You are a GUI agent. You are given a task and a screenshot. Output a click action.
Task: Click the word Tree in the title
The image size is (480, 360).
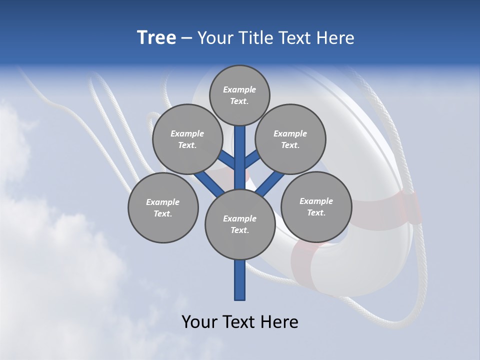tap(156, 38)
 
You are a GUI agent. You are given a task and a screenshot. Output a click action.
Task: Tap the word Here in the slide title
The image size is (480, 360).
tap(337, 38)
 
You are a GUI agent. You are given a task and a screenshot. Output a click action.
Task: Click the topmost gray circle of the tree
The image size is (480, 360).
tap(239, 95)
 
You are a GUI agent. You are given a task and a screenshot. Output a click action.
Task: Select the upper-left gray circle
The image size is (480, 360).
tap(187, 139)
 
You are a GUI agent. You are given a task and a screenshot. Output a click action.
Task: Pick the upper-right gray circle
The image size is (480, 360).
tap(290, 139)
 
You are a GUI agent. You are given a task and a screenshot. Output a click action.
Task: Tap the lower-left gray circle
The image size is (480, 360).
tap(163, 207)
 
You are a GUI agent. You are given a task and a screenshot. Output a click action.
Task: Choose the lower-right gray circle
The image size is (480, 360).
tap(316, 206)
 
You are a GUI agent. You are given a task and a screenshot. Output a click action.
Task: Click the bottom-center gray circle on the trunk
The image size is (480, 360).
tap(240, 224)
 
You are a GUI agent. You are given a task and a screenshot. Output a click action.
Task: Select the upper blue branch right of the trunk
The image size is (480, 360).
tap(252, 159)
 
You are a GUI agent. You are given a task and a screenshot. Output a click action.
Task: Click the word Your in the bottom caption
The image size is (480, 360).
tap(199, 321)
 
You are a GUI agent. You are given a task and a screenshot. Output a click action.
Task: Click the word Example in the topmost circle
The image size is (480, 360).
tap(239, 89)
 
